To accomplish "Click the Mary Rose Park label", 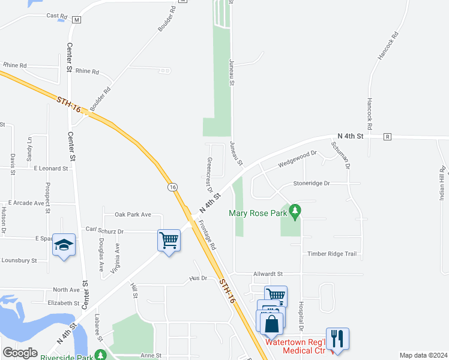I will [258, 212].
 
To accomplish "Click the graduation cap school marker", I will [64, 245].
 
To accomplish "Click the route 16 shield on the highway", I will [173, 187].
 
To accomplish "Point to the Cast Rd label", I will [56, 16].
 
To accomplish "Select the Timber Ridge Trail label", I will [332, 254].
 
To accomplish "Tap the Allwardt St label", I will [268, 274].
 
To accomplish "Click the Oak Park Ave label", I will [133, 214].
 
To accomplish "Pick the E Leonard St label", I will [50, 169].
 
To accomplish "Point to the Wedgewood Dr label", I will [298, 159].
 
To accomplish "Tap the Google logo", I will [20, 352].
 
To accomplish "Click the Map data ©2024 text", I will [423, 355].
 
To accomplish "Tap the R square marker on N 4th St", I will [388, 137].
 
